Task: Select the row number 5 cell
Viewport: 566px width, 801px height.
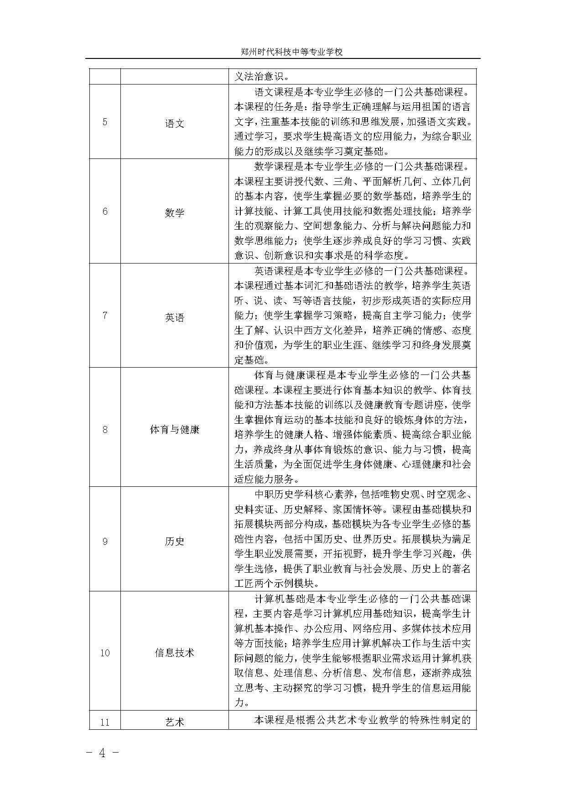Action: [x=105, y=122]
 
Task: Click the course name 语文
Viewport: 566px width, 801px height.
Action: [x=175, y=123]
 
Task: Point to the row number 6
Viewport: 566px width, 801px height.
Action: [x=105, y=211]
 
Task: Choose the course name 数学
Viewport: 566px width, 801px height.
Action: [x=175, y=212]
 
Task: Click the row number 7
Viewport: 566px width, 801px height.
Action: [x=105, y=316]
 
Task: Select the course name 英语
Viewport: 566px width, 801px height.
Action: [x=175, y=317]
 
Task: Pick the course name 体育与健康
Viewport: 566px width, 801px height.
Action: [x=175, y=429]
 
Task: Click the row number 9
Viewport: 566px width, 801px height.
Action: [x=105, y=541]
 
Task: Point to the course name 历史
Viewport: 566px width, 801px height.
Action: [x=175, y=541]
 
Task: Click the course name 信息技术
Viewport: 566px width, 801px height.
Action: [x=175, y=653]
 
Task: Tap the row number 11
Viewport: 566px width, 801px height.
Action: [x=105, y=722]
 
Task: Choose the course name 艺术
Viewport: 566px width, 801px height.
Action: [x=175, y=722]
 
